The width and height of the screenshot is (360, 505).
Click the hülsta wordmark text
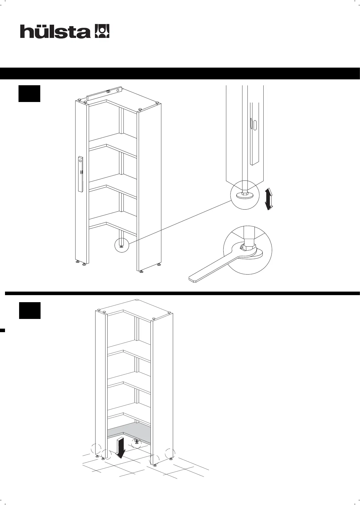[x=55, y=31]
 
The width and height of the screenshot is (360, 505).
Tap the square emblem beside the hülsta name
[x=102, y=31]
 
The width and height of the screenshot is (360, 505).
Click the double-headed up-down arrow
[x=268, y=200]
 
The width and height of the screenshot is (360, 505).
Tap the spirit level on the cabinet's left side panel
[x=81, y=174]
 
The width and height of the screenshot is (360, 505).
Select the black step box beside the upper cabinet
[x=29, y=93]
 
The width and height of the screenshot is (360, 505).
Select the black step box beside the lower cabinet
[x=30, y=310]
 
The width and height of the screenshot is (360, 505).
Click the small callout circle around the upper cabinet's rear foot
[x=122, y=245]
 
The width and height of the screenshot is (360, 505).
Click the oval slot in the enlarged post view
[x=255, y=125]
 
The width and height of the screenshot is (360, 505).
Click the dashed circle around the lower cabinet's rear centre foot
[x=137, y=442]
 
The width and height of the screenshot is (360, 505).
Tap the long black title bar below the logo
[x=180, y=73]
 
